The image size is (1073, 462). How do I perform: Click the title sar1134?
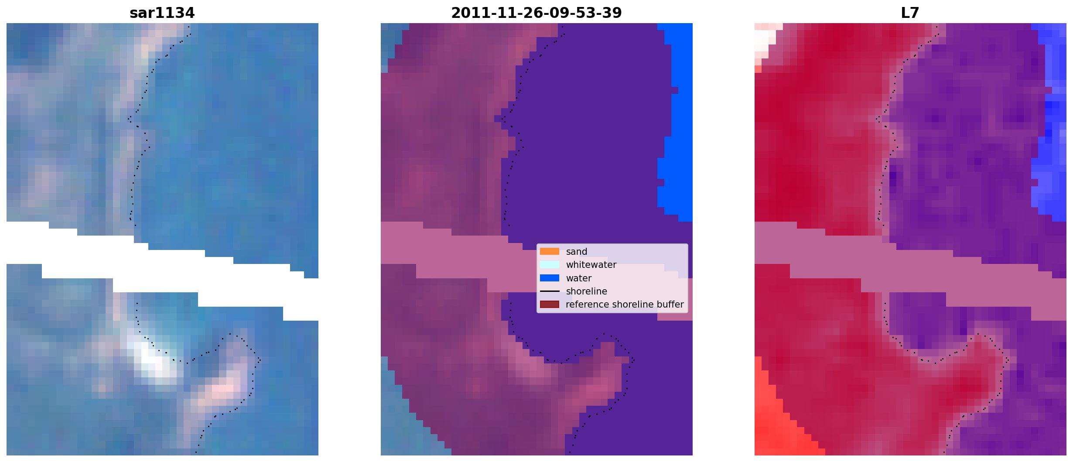[162, 13]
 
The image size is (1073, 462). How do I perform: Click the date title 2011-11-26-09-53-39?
[536, 13]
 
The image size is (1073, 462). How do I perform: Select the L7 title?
[910, 13]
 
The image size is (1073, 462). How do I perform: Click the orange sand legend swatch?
[549, 251]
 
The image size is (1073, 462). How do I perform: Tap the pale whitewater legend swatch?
[549, 264]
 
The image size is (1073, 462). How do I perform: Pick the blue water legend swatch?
[549, 278]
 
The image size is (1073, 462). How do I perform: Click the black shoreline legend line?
[549, 291]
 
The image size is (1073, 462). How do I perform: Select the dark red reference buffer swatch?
[549, 304]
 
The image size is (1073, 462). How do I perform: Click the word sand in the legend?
[577, 252]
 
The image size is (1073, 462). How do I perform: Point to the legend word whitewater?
[591, 265]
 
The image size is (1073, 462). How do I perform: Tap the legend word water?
[579, 278]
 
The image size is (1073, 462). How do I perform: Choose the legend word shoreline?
[587, 291]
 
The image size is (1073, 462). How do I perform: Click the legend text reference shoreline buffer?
[625, 305]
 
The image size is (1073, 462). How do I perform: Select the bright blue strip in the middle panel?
[676, 122]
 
